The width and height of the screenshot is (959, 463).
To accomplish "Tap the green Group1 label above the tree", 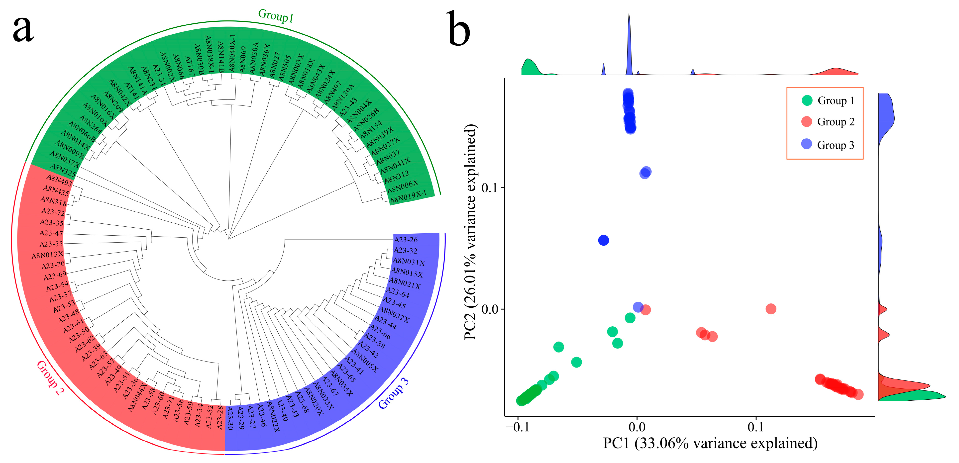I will [276, 16].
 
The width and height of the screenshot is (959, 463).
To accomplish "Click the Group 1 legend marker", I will [807, 100].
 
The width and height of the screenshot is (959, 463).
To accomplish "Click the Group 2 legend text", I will [836, 122].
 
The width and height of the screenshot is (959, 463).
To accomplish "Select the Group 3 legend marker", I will [806, 144].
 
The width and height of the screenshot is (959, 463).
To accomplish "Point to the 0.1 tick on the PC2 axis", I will [489, 187].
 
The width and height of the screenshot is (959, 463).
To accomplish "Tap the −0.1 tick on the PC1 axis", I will [517, 427].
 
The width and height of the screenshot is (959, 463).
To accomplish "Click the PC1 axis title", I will [710, 443].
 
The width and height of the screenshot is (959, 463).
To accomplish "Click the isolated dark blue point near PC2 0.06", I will [604, 240].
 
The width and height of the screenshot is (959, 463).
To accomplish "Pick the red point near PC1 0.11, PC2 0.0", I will [771, 309].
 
